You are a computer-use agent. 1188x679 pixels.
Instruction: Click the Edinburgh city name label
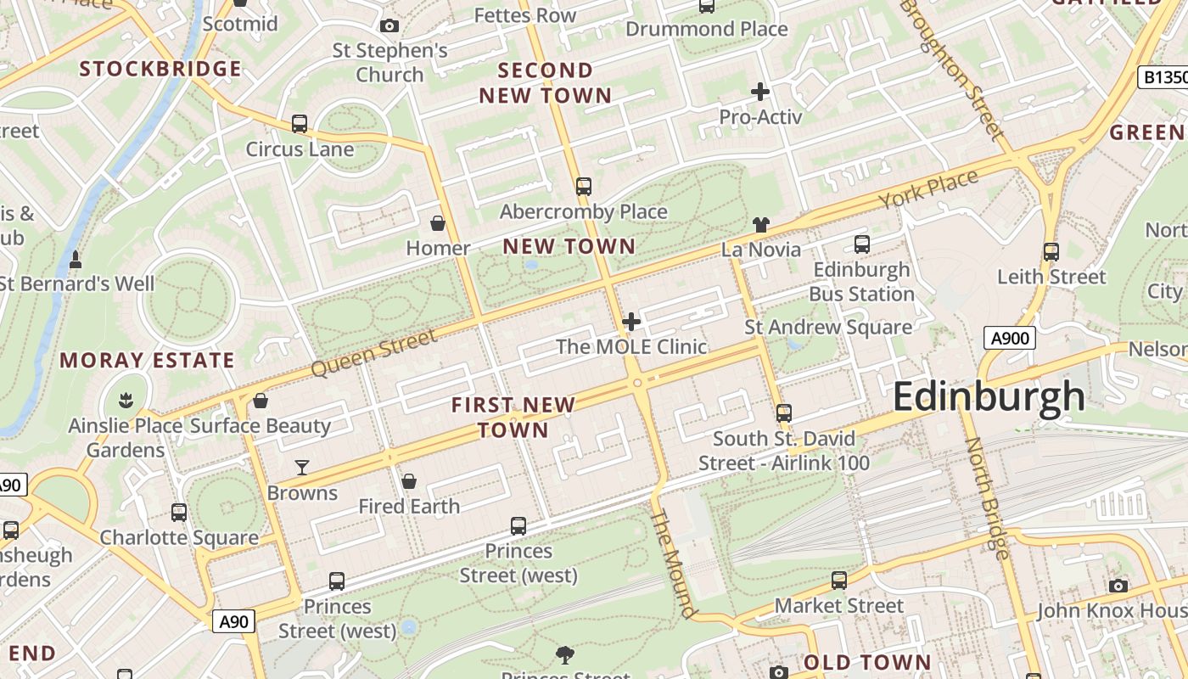(x=989, y=397)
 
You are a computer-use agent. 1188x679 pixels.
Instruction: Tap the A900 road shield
(x=1010, y=339)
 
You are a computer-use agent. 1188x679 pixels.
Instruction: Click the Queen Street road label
(x=374, y=353)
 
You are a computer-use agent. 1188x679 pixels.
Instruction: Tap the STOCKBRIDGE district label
(x=160, y=69)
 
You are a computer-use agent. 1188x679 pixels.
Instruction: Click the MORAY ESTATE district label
(x=147, y=360)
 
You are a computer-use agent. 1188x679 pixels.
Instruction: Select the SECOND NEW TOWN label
(x=545, y=82)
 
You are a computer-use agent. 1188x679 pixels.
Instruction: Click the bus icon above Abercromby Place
(x=583, y=187)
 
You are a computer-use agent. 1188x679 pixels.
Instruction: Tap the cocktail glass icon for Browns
(x=301, y=467)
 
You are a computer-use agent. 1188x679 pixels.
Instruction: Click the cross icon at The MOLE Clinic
(x=630, y=322)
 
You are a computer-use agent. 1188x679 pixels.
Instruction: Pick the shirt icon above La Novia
(x=760, y=225)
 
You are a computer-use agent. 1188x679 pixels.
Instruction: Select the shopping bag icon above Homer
(x=438, y=223)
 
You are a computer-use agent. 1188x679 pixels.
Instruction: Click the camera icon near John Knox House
(x=1118, y=586)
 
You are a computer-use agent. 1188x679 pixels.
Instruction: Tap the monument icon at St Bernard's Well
(x=76, y=259)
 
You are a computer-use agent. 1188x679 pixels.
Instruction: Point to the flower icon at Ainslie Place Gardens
(x=126, y=399)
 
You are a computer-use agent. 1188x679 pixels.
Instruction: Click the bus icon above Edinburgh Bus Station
(x=862, y=244)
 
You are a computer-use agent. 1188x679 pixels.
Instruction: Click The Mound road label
(x=675, y=564)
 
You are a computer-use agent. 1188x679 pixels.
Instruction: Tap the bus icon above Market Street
(x=839, y=581)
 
